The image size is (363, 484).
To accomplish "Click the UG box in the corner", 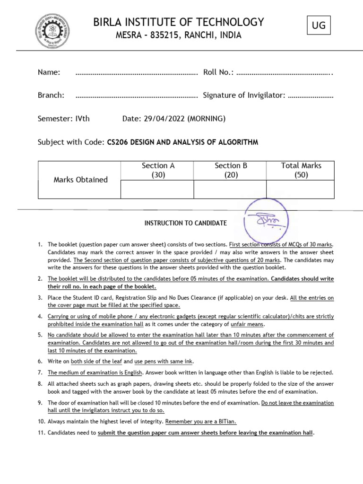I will click(x=319, y=26).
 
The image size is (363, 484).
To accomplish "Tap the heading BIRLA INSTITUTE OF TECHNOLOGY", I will click(x=179, y=22).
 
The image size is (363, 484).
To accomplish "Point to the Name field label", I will click(x=49, y=72).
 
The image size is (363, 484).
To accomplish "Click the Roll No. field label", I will click(x=218, y=72).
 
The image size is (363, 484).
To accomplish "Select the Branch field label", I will click(x=51, y=95).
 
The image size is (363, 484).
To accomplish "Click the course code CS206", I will click(x=118, y=142).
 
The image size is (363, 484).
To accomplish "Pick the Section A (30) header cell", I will click(x=158, y=170).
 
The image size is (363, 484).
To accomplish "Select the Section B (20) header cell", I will click(x=231, y=170).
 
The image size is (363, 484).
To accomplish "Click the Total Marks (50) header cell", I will click(x=301, y=170).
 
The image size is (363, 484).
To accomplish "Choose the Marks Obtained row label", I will click(x=80, y=180).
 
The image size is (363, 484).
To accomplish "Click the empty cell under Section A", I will click(x=158, y=189).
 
